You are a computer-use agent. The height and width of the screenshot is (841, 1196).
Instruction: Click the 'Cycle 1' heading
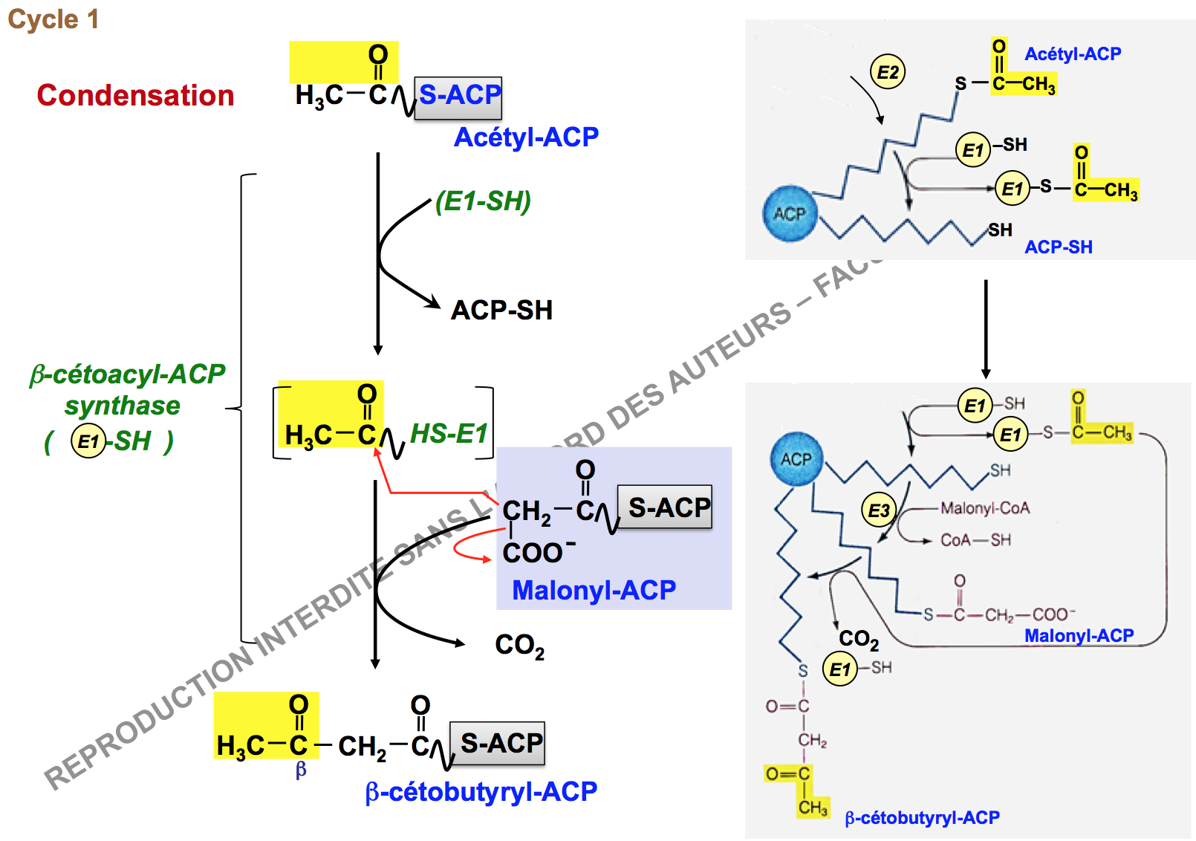point(53,19)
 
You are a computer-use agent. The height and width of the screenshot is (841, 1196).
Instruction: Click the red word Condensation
point(135,95)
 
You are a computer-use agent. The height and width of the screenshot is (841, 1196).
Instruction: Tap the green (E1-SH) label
point(483,201)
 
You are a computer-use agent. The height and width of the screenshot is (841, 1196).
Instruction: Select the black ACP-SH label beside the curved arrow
point(501,310)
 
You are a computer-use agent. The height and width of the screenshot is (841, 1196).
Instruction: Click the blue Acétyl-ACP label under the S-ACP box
point(526,137)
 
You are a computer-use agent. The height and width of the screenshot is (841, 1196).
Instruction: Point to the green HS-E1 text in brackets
point(449,433)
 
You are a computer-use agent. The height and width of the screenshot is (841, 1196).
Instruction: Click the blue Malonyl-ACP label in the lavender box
point(594,590)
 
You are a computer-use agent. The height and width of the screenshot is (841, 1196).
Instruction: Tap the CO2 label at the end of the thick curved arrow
point(519,646)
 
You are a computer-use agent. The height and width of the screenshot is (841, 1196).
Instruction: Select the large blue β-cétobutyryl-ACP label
point(481,792)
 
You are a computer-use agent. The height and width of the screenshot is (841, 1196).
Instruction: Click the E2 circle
point(887,72)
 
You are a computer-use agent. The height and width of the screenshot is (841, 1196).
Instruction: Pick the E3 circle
point(879,510)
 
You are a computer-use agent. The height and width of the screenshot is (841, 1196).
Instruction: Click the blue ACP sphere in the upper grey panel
point(790,214)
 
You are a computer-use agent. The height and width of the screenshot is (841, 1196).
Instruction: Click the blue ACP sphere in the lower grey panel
point(796,459)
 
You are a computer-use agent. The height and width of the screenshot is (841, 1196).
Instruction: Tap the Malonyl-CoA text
point(985,508)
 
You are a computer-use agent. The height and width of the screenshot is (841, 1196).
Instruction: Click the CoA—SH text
point(975,540)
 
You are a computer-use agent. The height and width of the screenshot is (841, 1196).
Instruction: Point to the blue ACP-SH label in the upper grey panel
point(1058,247)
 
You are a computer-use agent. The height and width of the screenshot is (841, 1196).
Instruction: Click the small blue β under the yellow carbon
point(300,770)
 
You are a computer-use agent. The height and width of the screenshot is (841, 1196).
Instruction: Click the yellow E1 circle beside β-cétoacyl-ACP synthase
point(88,441)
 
